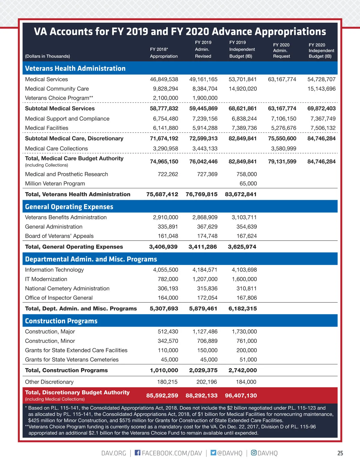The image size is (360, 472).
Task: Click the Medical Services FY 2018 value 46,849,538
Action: click(164, 79)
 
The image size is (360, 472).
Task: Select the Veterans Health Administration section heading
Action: click(75, 68)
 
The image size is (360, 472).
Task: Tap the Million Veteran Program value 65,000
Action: click(248, 183)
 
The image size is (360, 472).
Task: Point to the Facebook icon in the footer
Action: click(137, 453)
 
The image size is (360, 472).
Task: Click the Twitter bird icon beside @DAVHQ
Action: click(213, 453)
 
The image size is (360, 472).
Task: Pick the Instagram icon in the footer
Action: click(254, 453)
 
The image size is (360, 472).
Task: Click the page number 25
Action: click(340, 453)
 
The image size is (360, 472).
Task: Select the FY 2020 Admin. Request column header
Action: click(281, 50)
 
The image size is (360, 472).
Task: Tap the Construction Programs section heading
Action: click(61, 321)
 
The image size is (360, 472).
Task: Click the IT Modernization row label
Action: click(46, 279)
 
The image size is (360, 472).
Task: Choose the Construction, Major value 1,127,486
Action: click(205, 331)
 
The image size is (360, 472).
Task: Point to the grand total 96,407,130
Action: click(241, 396)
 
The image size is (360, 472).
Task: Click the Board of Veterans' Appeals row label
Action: click(59, 236)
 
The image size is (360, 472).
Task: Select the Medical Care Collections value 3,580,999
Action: click(283, 148)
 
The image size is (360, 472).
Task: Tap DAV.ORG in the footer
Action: click(114, 453)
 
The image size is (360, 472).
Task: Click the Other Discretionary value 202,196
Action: click(205, 382)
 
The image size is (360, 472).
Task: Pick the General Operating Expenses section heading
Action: click(69, 207)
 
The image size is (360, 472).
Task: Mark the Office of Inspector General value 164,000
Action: click(168, 298)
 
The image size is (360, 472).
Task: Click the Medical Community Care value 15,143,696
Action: click(321, 89)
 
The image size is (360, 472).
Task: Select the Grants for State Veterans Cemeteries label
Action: click(72, 359)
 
